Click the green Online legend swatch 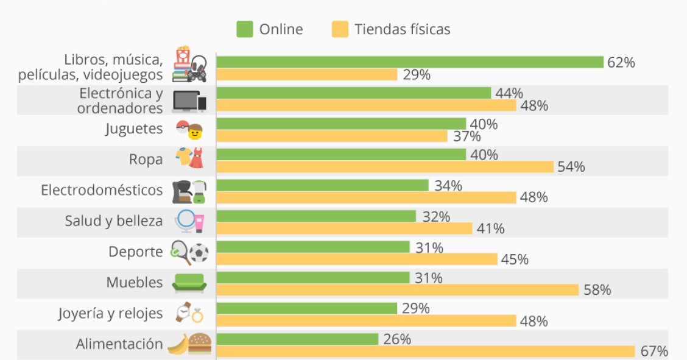(x=245, y=29)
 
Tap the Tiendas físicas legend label (x=402, y=29)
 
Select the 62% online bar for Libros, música (x=409, y=62)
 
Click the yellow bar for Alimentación (x=426, y=351)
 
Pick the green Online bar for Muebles (x=312, y=278)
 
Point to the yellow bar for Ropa (x=384, y=166)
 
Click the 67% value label (x=654, y=351)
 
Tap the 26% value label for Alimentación (x=397, y=339)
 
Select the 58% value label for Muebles (x=597, y=290)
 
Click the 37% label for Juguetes (x=467, y=136)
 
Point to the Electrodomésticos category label (x=102, y=190)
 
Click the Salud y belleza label (x=114, y=221)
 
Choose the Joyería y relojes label (x=110, y=313)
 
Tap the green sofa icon (x=189, y=283)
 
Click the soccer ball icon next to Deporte (x=199, y=253)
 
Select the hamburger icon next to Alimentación (x=200, y=344)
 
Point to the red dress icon (x=196, y=160)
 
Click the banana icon (x=177, y=345)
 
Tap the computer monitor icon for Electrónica (x=185, y=101)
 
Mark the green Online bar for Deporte (x=312, y=247)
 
